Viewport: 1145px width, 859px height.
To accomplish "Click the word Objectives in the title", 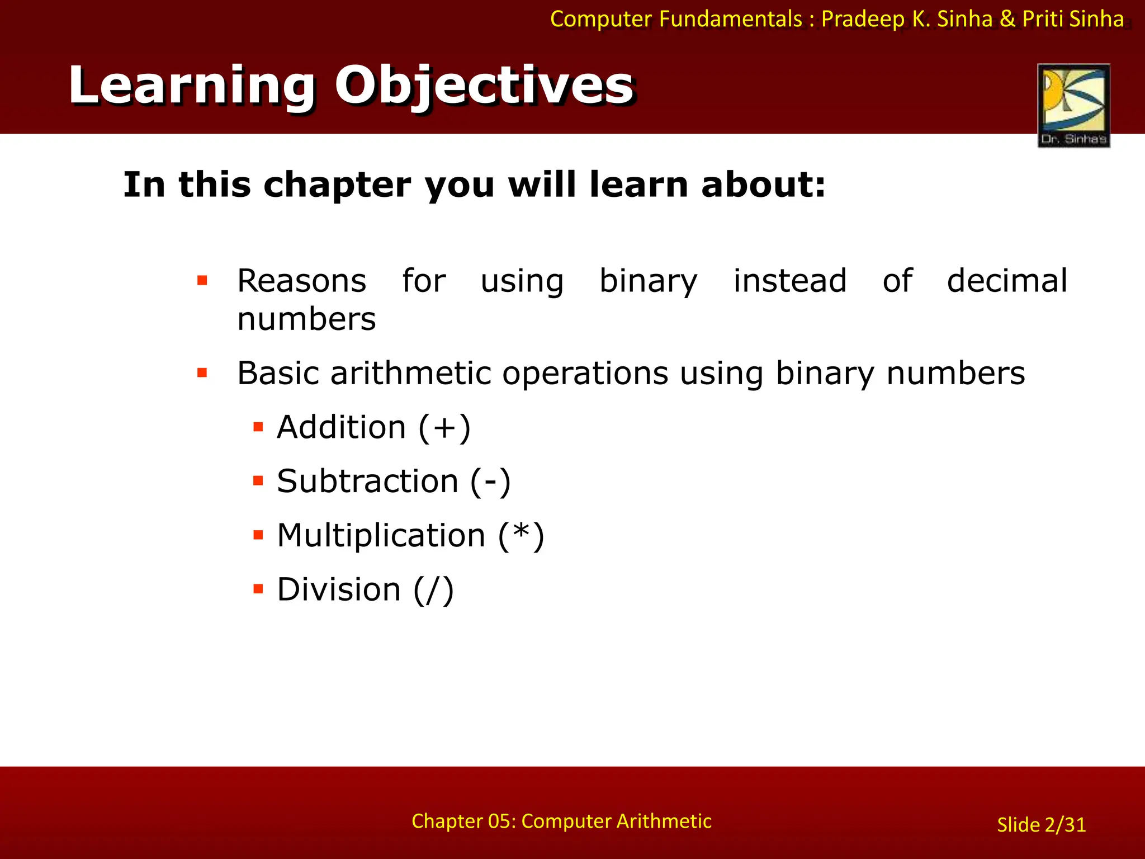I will point(484,86).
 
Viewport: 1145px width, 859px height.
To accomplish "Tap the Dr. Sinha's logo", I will point(1073,105).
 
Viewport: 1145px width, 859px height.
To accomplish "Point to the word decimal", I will point(1007,281).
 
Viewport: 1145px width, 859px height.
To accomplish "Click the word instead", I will point(790,281).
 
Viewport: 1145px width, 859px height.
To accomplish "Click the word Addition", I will point(342,427).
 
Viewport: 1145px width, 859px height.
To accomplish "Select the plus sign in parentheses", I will point(444,428).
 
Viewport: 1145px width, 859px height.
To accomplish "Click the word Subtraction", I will point(367,482).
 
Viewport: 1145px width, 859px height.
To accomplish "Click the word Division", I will point(339,589).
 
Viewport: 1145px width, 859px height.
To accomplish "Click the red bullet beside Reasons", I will point(202,280).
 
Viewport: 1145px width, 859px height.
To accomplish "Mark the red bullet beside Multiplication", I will point(258,535).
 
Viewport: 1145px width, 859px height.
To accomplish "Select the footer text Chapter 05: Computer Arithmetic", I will point(561,821).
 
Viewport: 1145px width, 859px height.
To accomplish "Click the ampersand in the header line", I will point(1007,19).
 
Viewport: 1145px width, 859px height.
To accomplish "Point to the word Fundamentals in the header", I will point(731,19).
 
